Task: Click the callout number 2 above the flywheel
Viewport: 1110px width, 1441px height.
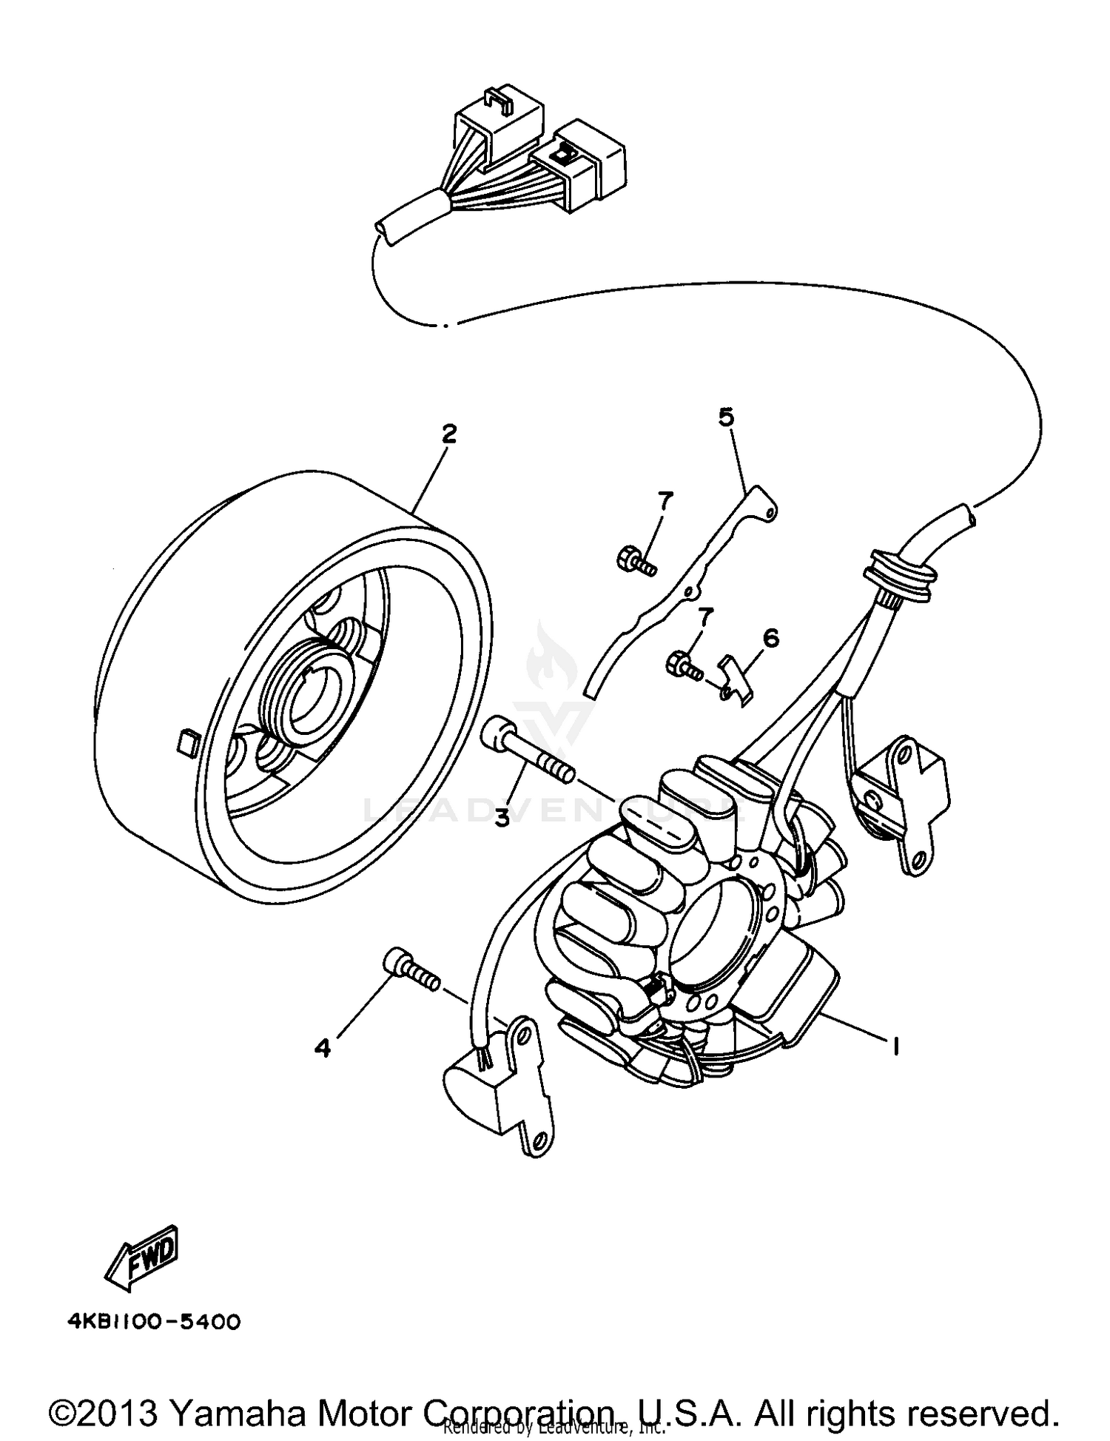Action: [448, 434]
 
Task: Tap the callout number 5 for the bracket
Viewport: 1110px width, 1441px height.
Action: [726, 417]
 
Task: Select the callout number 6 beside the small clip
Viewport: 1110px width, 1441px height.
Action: [771, 637]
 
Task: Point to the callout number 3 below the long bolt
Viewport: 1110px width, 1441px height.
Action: [502, 818]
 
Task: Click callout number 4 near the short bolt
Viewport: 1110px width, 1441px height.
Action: [323, 1048]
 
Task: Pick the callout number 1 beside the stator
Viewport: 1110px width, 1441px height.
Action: [895, 1046]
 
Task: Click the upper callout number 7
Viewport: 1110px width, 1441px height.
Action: [665, 503]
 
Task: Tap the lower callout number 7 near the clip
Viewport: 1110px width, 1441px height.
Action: [705, 616]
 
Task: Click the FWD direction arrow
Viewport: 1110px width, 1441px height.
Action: [143, 1257]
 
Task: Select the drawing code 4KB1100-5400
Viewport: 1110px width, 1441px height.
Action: [154, 1322]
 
